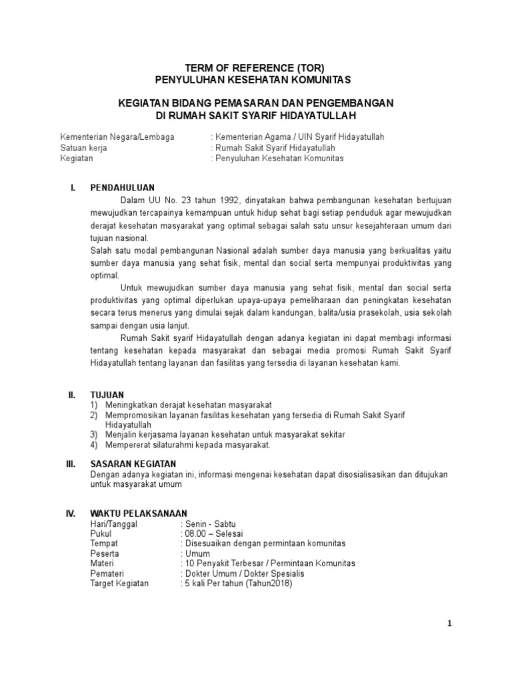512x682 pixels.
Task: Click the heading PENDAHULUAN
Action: coord(123,188)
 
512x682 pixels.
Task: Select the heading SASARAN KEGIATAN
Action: coord(133,464)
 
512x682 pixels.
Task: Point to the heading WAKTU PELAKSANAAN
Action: coord(139,514)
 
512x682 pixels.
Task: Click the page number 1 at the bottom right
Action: coord(450,623)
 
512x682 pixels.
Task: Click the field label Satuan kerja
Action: coord(83,148)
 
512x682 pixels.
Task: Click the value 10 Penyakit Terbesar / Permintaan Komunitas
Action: coord(270,563)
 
